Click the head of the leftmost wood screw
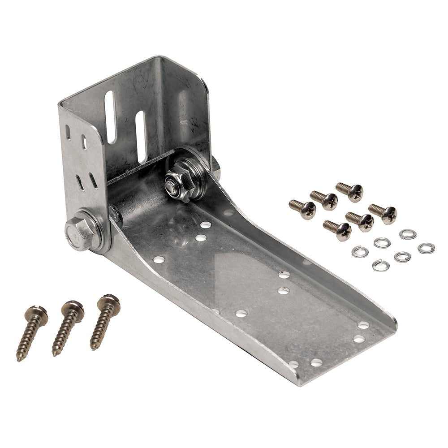(x=37, y=312)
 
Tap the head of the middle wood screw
(x=73, y=308)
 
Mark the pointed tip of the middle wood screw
(x=54, y=353)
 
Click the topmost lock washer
(x=408, y=234)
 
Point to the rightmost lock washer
(x=426, y=248)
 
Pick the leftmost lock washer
(x=360, y=251)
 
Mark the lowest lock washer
(x=380, y=265)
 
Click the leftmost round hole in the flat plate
(x=158, y=259)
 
